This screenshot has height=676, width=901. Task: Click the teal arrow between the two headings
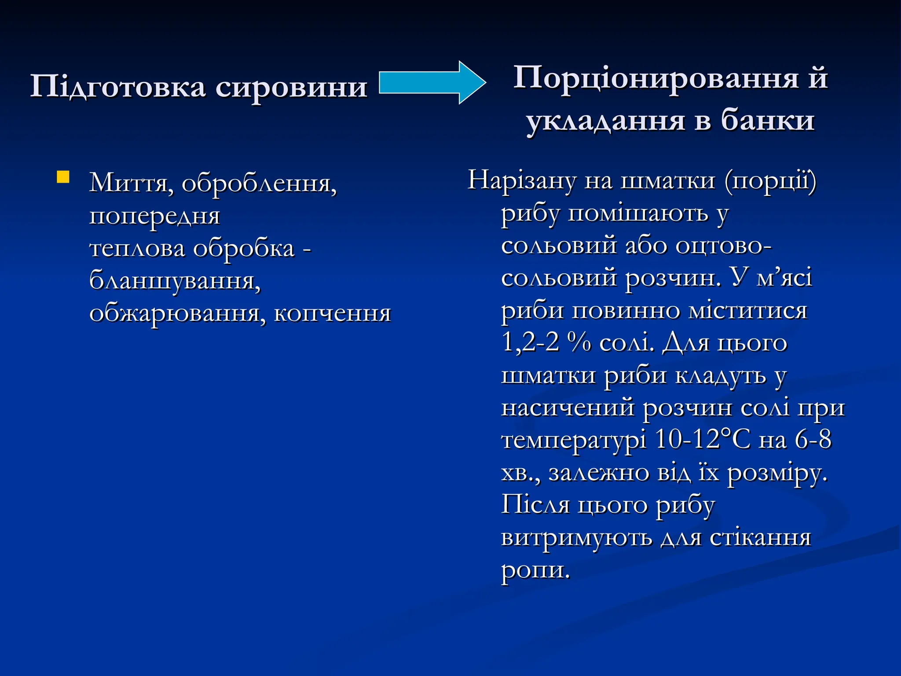click(431, 83)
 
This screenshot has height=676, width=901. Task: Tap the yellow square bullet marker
click(63, 177)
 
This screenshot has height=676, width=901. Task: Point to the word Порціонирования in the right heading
click(656, 78)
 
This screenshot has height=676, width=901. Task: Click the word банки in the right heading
click(768, 120)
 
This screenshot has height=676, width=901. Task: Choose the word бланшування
click(175, 280)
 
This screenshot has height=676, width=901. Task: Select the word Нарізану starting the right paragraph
click(521, 180)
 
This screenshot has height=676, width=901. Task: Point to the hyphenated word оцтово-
click(723, 245)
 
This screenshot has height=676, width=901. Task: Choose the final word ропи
click(535, 570)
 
